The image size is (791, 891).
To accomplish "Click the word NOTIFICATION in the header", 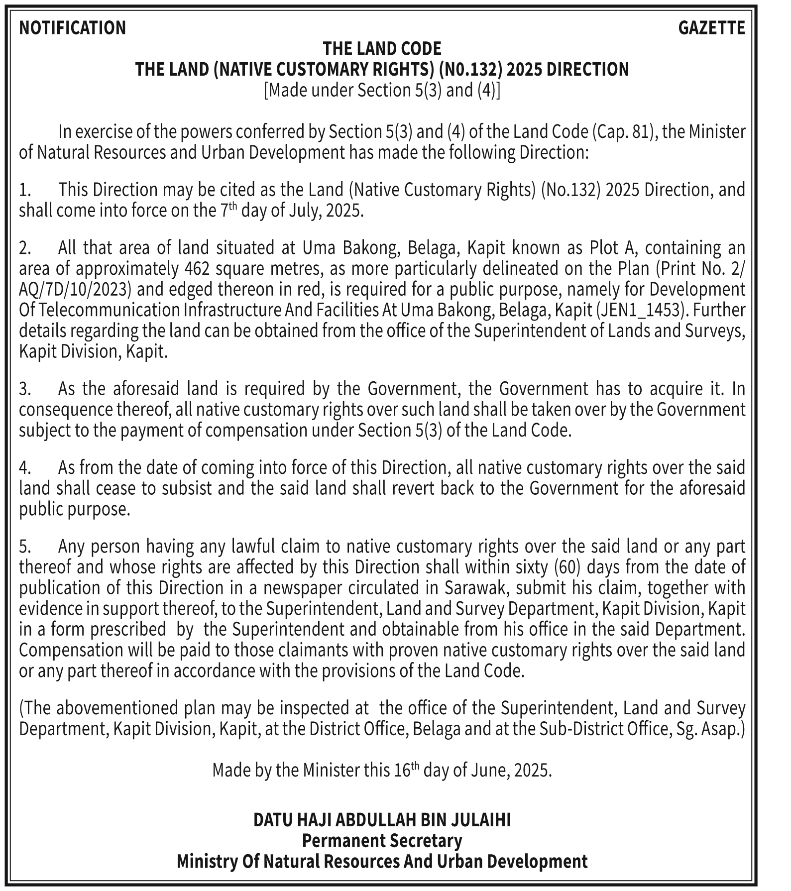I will (73, 28).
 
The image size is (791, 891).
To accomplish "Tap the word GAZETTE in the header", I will (711, 28).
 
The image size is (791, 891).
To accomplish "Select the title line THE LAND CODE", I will (382, 49).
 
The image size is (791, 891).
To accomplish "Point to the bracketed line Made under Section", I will (382, 90).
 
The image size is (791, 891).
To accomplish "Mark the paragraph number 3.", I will (25, 389).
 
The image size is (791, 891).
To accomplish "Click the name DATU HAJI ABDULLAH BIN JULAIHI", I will (382, 820).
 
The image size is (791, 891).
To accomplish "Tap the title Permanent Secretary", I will (382, 841).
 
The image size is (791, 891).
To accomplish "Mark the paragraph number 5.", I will (25, 547).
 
